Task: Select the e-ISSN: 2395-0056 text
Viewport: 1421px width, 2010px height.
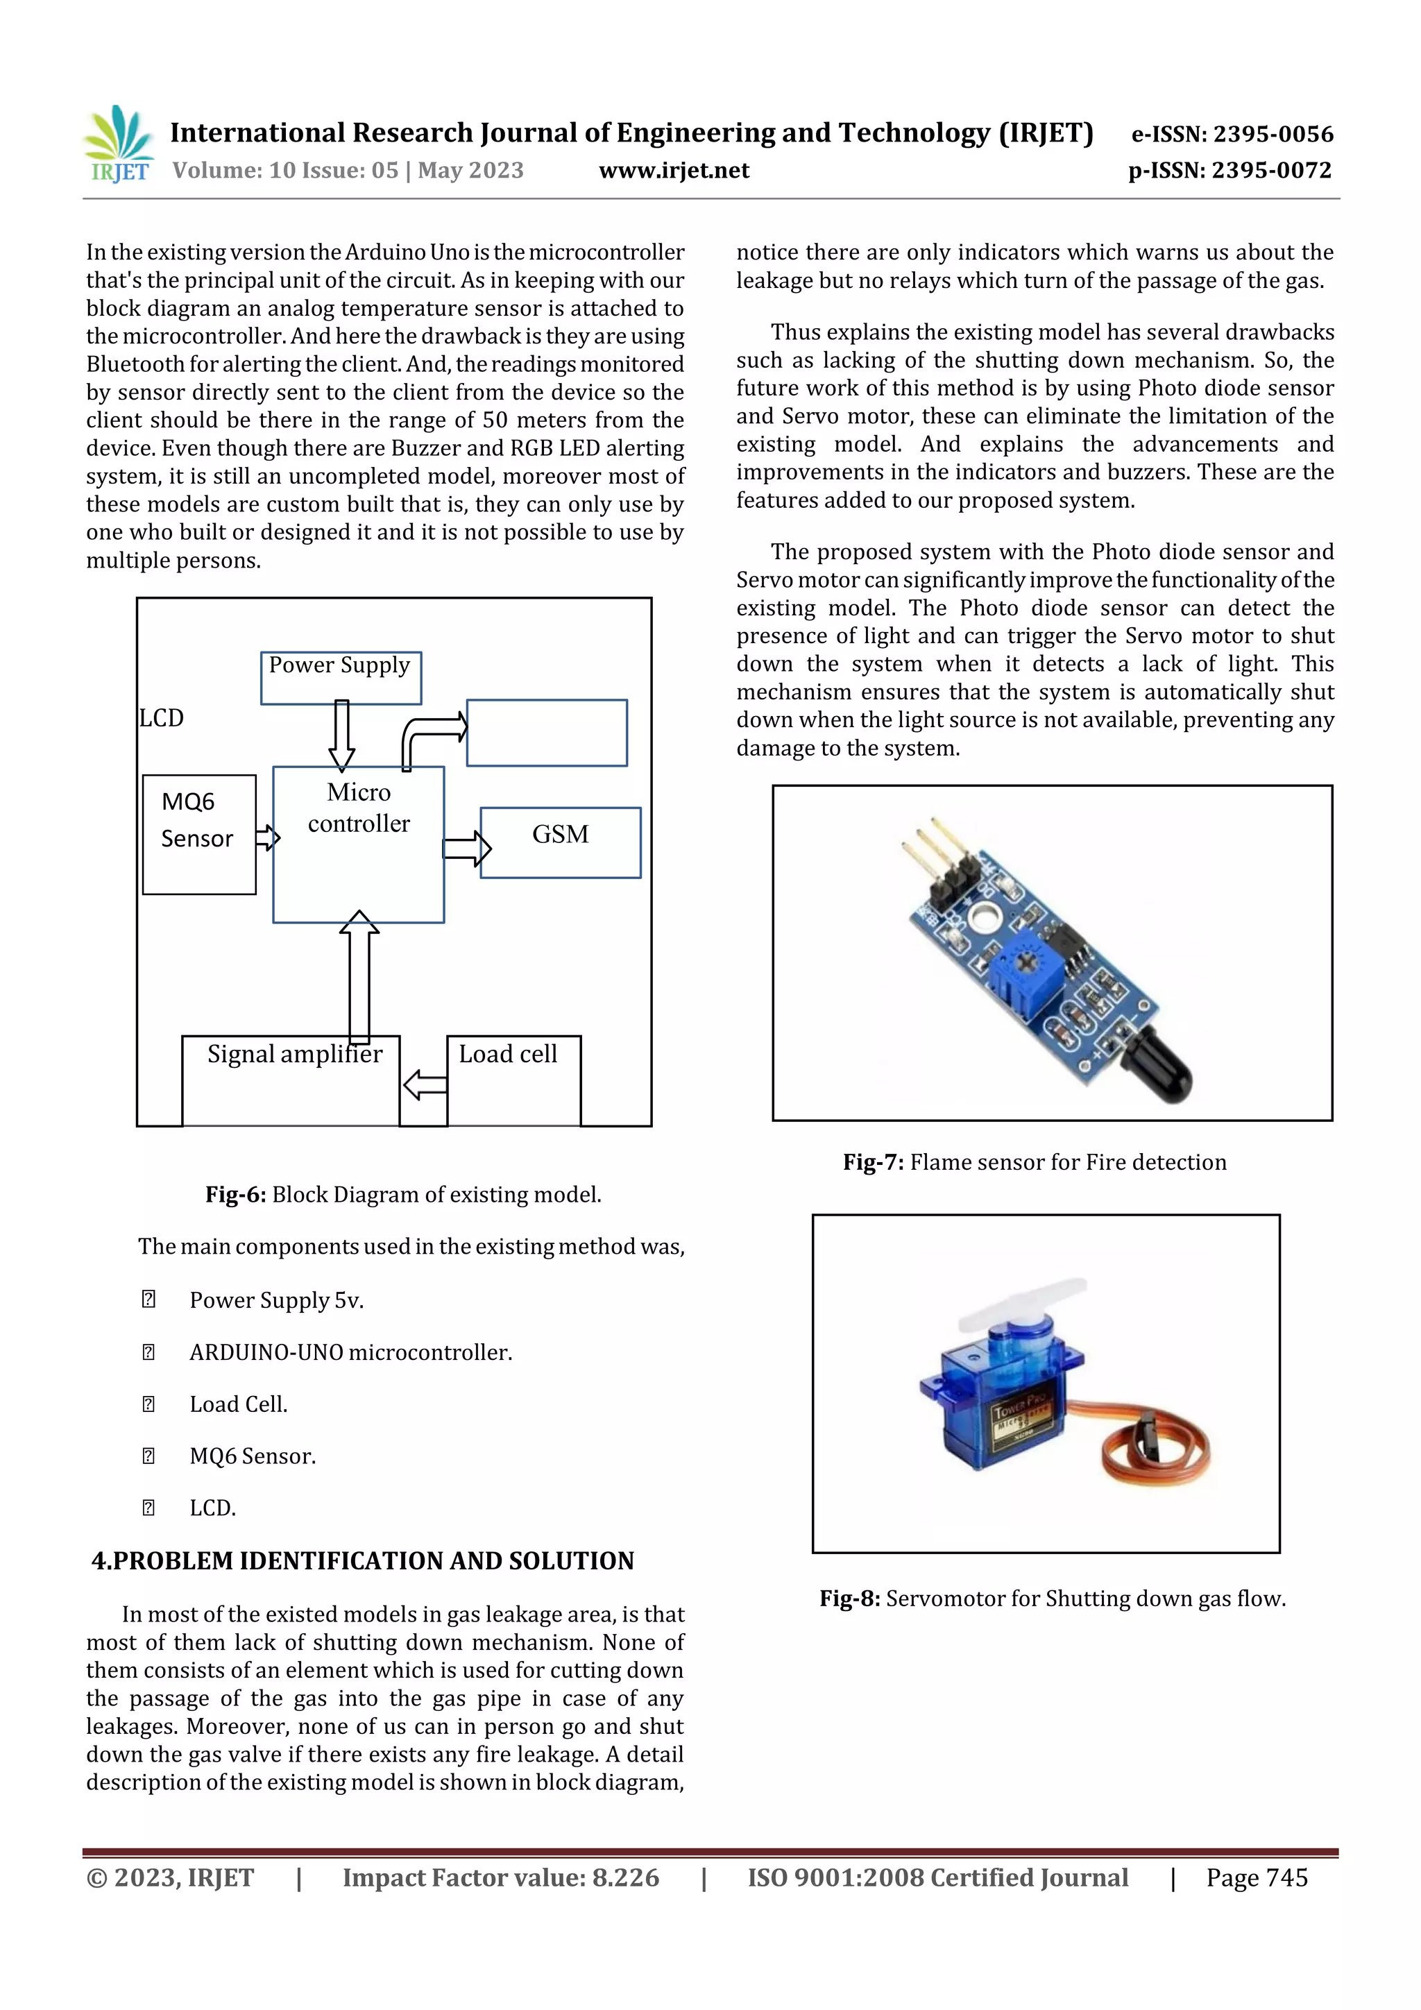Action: click(x=1232, y=134)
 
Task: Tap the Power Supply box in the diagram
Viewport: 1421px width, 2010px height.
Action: click(x=341, y=676)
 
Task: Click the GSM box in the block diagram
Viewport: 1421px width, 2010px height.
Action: click(x=561, y=842)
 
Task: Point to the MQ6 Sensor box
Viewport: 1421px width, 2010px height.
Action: click(x=198, y=833)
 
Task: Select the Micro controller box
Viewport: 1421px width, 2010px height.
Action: click(x=358, y=843)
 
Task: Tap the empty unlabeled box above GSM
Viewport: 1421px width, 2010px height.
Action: click(x=546, y=733)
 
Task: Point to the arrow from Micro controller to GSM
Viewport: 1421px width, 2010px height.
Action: click(x=466, y=847)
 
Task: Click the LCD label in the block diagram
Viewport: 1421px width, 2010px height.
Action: click(x=162, y=718)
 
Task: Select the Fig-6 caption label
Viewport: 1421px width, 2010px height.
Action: click(x=235, y=1195)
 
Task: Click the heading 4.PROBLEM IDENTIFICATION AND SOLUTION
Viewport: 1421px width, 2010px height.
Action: click(x=362, y=1561)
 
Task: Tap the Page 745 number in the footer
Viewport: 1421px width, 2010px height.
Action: click(x=1256, y=1877)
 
